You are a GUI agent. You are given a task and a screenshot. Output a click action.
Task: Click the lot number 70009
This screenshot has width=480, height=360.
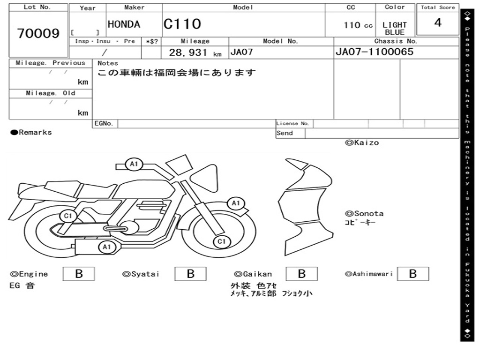[x=38, y=33]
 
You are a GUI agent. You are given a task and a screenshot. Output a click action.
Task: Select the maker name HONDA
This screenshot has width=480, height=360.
[x=124, y=24]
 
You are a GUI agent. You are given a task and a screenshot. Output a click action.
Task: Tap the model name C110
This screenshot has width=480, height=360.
[x=182, y=24]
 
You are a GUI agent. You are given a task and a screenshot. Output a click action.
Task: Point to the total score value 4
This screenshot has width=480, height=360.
[x=438, y=22]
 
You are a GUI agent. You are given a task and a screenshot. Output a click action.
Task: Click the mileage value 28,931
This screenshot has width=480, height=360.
[x=188, y=52]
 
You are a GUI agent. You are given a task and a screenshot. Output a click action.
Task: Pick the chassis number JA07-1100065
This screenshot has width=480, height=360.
[x=375, y=52]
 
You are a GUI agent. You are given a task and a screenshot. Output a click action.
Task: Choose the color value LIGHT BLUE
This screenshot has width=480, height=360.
[x=395, y=29]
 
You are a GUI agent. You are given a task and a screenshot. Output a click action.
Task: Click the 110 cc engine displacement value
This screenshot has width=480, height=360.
[x=358, y=25]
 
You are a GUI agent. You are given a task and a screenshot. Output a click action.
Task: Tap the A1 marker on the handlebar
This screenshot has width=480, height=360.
[x=134, y=164]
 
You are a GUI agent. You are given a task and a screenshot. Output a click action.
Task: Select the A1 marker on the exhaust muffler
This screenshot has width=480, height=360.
[x=106, y=247]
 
